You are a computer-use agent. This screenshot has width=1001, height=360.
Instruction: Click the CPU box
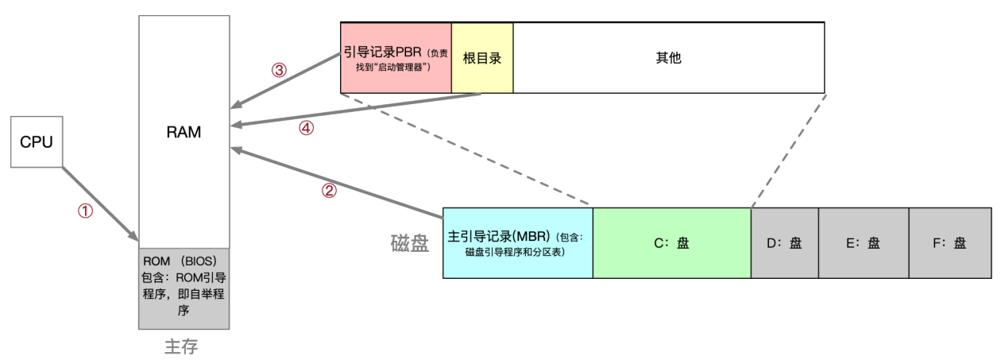point(37,141)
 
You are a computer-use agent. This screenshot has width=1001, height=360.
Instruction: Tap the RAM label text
point(184,133)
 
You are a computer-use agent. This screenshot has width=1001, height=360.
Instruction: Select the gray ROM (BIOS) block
point(184,288)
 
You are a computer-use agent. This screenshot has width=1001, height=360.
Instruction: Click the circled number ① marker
point(85,211)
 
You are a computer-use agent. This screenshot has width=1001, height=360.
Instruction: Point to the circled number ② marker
point(329,191)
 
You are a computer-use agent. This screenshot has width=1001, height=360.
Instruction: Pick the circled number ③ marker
point(280,70)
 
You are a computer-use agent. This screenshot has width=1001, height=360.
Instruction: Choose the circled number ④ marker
point(306,129)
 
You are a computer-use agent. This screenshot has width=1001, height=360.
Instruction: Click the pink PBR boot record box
point(396,58)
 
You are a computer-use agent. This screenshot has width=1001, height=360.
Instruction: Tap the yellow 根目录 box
point(482,58)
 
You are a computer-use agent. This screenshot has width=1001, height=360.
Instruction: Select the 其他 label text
point(669,58)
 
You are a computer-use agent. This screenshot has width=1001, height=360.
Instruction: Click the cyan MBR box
point(518,243)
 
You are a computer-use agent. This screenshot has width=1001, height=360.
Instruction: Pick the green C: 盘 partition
point(672,243)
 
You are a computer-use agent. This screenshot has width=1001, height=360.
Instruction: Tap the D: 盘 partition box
point(785,243)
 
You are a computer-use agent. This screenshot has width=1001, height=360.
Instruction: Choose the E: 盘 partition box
point(864,243)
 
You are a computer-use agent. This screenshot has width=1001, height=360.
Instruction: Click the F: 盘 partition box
point(950,243)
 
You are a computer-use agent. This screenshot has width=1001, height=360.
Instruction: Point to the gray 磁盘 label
point(410,244)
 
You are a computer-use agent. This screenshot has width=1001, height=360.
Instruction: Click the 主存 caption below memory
point(181,346)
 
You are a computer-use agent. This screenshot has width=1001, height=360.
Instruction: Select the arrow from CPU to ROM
point(100,204)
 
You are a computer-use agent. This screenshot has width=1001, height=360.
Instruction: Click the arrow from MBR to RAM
point(337,183)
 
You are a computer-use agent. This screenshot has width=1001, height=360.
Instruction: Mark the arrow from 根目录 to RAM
point(356,110)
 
